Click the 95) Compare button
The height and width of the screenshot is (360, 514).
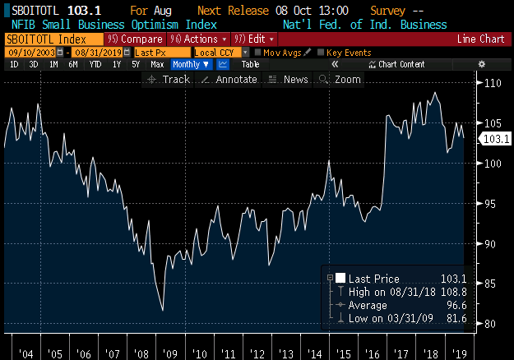pyautogui.click(x=135, y=39)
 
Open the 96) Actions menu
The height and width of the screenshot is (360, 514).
pyautogui.click(x=199, y=39)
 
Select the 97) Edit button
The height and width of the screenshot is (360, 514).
pyautogui.click(x=254, y=39)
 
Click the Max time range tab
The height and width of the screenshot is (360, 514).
pyautogui.click(x=157, y=65)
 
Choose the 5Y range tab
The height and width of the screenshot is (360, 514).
pyautogui.click(x=136, y=65)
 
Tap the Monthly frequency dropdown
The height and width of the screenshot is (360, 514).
pyautogui.click(x=191, y=65)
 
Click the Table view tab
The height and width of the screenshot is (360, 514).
pyautogui.click(x=251, y=65)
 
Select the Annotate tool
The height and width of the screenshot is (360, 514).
pyautogui.click(x=229, y=80)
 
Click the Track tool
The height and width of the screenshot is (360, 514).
pyautogui.click(x=169, y=80)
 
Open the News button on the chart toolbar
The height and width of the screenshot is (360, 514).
pyautogui.click(x=289, y=80)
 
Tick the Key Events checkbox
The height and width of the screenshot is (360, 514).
pyautogui.click(x=321, y=53)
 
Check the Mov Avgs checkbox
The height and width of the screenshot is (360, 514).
pyautogui.click(x=257, y=53)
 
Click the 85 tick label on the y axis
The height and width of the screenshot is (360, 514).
pyautogui.click(x=490, y=284)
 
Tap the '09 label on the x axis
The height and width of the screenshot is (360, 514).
pyautogui.click(x=170, y=354)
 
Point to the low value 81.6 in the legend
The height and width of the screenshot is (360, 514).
pyautogui.click(x=456, y=318)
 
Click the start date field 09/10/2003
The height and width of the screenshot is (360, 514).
pyautogui.click(x=32, y=53)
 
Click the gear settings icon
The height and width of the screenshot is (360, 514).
pyautogui.click(x=482, y=64)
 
